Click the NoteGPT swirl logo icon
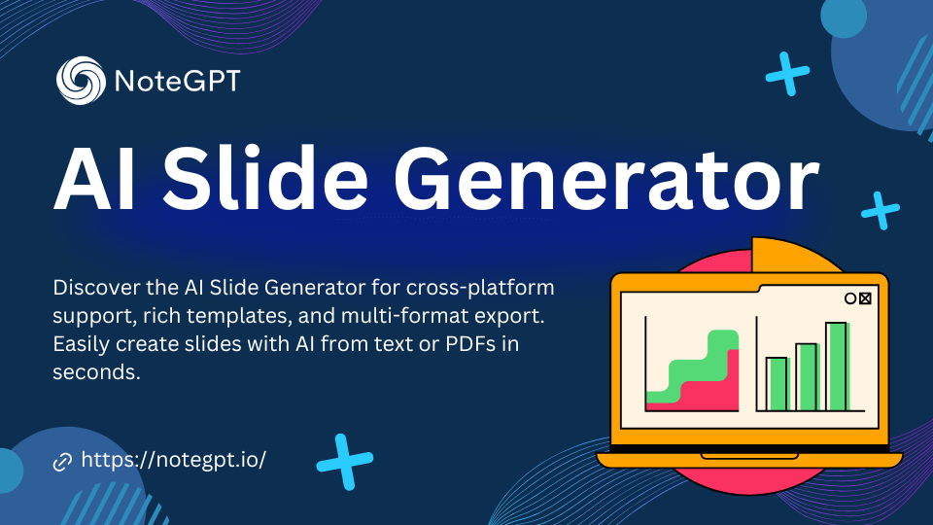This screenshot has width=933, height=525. pos(81,81)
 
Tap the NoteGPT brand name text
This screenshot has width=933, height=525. pos(177,81)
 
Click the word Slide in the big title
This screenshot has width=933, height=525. pos(265,178)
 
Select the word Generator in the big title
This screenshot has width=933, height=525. pos(606,180)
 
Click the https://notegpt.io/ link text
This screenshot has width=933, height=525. pos(173,460)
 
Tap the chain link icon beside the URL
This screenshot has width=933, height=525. pos(62,461)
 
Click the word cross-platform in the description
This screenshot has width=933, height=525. pos(480,289)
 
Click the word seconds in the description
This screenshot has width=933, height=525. pos(96,372)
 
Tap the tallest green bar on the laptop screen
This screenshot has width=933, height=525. pos(837,367)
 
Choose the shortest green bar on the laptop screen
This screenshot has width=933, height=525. pos(777,385)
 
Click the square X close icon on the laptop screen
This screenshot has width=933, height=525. pos(865,298)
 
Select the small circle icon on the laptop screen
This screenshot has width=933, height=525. pos(850,298)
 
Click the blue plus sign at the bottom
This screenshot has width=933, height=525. pos(344,461)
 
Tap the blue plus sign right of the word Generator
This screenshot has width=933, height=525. pos(881,210)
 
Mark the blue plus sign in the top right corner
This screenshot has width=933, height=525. pos(787,74)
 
